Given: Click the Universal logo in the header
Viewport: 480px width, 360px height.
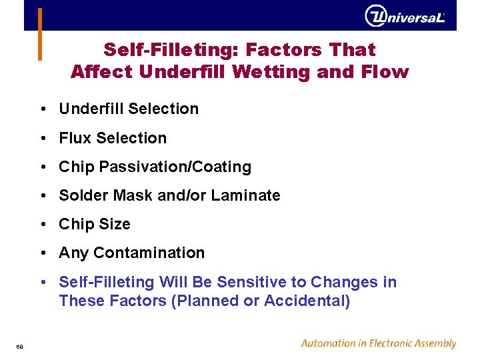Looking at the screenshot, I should (x=405, y=16).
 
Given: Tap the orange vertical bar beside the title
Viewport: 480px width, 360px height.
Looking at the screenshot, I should (x=40, y=34).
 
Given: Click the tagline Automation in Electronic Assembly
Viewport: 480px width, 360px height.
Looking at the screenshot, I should (x=378, y=343).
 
